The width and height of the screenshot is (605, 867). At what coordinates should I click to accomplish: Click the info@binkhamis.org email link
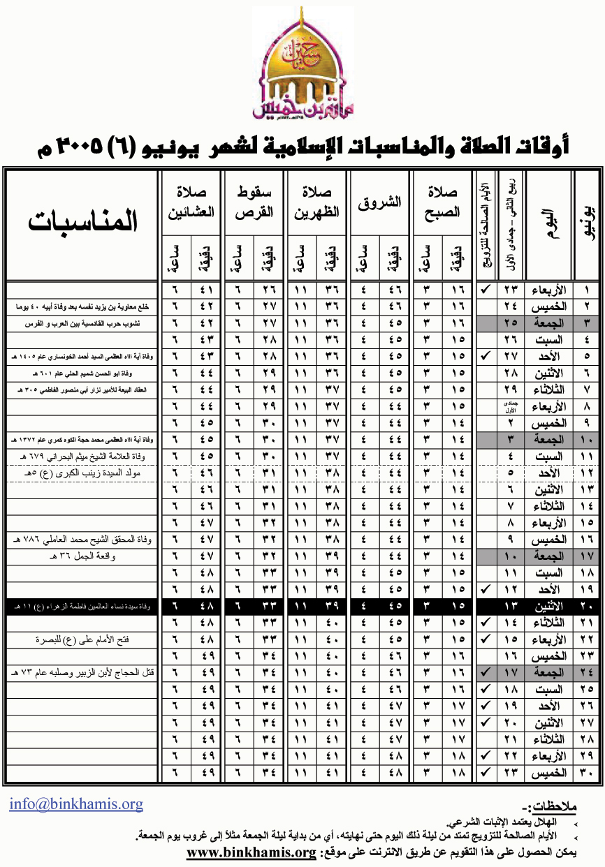click(76, 803)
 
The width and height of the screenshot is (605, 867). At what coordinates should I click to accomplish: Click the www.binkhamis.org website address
click(252, 853)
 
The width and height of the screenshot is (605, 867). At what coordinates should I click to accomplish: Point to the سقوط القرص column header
click(254, 202)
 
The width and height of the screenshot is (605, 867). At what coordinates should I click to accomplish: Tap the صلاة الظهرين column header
click(318, 202)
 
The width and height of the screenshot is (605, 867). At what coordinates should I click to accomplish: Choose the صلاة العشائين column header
click(191, 202)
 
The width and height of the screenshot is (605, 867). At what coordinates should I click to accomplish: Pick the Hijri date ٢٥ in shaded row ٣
click(511, 323)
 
